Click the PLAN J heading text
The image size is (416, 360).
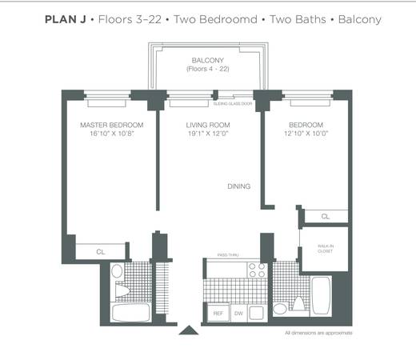click(66, 19)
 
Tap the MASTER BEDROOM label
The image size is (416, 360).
click(112, 125)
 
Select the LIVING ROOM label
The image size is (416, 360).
click(208, 125)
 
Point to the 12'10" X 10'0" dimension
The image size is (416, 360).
click(306, 134)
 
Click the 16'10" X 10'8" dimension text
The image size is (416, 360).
click(112, 134)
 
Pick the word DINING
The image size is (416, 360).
click(239, 186)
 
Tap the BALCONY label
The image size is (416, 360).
click(208, 60)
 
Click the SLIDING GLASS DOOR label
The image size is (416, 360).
click(233, 103)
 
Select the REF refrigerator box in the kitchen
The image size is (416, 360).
click(218, 313)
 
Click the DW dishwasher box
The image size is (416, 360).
click(238, 313)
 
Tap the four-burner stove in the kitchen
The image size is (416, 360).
click(258, 270)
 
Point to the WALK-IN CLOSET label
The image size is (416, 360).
click(326, 249)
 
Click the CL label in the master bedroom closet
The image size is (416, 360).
click(101, 252)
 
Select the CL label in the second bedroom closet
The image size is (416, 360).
click(326, 217)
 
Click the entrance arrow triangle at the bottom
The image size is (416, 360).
click(189, 330)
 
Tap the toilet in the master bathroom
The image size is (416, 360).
click(122, 290)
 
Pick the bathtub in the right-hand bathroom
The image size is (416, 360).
click(322, 296)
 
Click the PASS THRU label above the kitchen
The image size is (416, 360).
click(228, 255)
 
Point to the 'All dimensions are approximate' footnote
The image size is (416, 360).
click(318, 333)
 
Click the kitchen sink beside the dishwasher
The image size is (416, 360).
click(257, 313)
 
